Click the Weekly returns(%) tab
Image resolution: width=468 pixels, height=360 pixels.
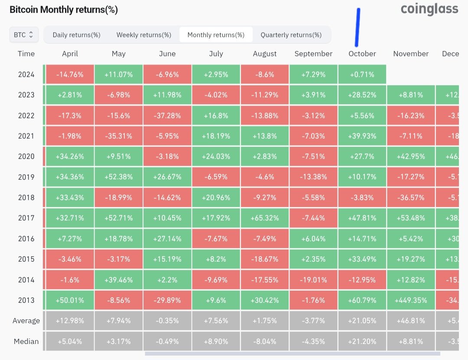click(x=144, y=35)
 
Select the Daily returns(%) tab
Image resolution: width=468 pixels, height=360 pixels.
click(x=77, y=35)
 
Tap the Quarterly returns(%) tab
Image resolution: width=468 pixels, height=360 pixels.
click(x=291, y=35)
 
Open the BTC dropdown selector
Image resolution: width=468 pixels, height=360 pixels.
click(x=24, y=35)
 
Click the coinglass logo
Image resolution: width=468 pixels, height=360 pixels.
click(x=429, y=9)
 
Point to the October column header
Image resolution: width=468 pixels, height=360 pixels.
click(x=362, y=54)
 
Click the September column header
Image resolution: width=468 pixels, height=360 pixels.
click(x=313, y=54)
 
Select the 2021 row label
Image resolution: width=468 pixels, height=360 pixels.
click(x=26, y=136)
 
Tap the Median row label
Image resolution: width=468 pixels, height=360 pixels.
click(x=26, y=341)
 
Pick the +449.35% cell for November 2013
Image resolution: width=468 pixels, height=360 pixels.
click(x=411, y=300)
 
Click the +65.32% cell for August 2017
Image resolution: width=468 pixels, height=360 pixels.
click(x=265, y=218)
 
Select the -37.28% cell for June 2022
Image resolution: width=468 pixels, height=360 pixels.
click(x=167, y=116)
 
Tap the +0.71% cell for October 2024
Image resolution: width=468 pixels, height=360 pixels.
click(x=362, y=75)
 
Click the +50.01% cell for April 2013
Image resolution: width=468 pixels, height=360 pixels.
click(x=70, y=300)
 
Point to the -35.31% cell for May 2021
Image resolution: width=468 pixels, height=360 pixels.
click(x=119, y=136)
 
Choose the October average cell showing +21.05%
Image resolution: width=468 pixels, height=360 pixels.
click(x=362, y=321)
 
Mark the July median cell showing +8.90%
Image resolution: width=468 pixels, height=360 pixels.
click(x=216, y=341)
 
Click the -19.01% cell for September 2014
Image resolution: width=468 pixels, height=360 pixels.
click(x=313, y=280)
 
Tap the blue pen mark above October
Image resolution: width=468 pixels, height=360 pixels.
click(x=358, y=27)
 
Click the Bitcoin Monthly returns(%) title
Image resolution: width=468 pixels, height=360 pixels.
click(x=64, y=10)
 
